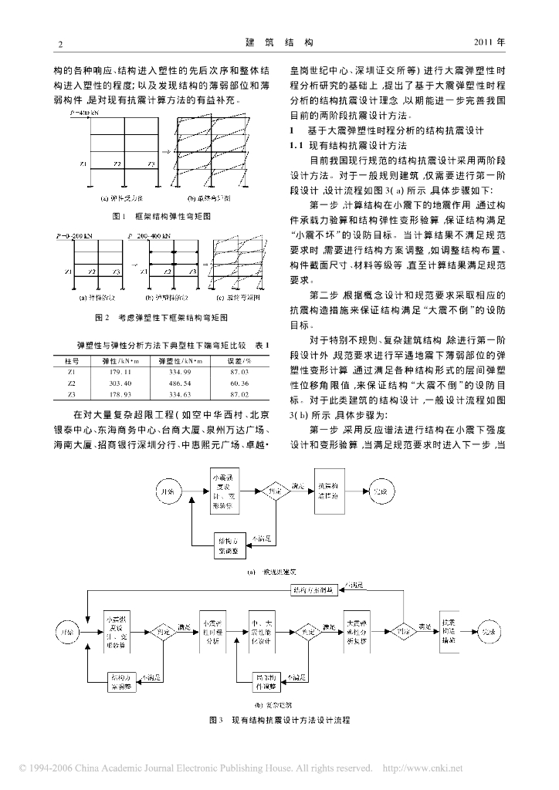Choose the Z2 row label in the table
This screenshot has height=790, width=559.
(71, 383)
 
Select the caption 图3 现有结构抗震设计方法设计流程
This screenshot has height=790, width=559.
(279, 720)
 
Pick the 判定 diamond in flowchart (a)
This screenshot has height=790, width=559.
(274, 489)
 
